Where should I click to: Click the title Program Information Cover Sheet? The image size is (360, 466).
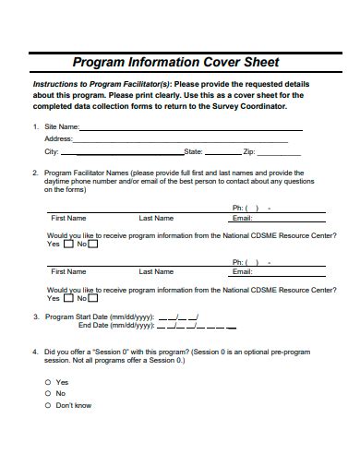(x=175, y=63)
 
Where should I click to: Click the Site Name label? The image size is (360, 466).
(x=61, y=126)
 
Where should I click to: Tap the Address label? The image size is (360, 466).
(x=58, y=138)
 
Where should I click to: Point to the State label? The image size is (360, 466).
(x=193, y=150)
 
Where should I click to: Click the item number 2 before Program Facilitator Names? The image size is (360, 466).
(x=35, y=173)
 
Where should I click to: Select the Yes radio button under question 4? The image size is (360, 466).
(x=48, y=382)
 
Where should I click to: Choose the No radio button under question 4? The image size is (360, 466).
(x=48, y=394)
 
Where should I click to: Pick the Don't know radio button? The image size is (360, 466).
(x=48, y=406)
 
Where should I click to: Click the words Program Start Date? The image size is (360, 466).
(x=77, y=317)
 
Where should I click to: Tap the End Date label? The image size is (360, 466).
(x=93, y=325)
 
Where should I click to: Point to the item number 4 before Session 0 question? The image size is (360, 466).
(x=35, y=352)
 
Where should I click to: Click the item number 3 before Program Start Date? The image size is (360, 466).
(x=35, y=317)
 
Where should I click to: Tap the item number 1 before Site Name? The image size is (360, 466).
(x=35, y=126)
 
